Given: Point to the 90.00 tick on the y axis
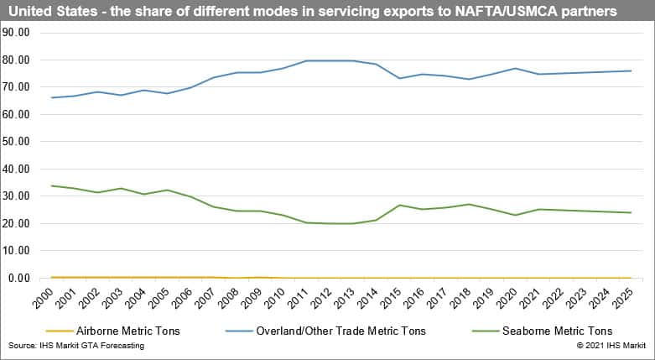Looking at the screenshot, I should (x=18, y=33).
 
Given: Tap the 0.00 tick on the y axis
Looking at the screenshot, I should (x=21, y=278).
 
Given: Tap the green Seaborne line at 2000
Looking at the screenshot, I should (x=52, y=185).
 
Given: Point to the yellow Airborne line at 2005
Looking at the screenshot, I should (x=167, y=277).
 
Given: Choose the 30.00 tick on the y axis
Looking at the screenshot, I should (x=18, y=196).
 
